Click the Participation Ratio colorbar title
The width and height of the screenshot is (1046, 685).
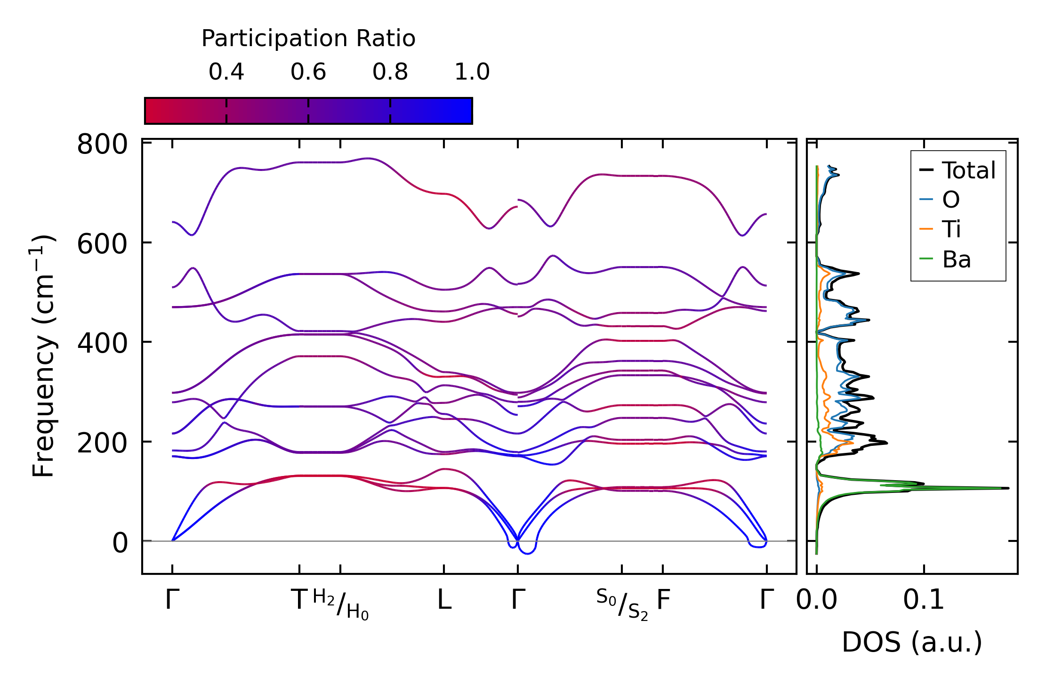coord(308,39)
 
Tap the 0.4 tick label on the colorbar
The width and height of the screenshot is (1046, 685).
coord(226,72)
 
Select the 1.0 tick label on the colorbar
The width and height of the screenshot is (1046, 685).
coord(472,72)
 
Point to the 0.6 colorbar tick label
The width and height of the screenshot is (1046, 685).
coord(308,72)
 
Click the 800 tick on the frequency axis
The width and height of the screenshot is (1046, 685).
coord(102,144)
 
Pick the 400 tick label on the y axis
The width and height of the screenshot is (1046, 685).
coord(102,343)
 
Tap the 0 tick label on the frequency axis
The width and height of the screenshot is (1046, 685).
coord(120,543)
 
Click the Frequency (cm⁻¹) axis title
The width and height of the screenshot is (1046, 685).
coord(43,356)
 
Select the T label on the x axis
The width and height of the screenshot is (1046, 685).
coord(299,600)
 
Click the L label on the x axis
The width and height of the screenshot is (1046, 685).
coord(444,600)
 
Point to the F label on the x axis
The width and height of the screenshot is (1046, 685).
coord(663,600)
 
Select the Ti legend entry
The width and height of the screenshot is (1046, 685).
coord(951,229)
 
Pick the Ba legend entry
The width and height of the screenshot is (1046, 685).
coord(956,259)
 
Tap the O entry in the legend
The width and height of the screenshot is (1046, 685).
coord(950,200)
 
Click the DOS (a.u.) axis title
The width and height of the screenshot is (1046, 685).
coord(912,642)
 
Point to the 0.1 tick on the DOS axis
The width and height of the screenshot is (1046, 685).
coord(924,600)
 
